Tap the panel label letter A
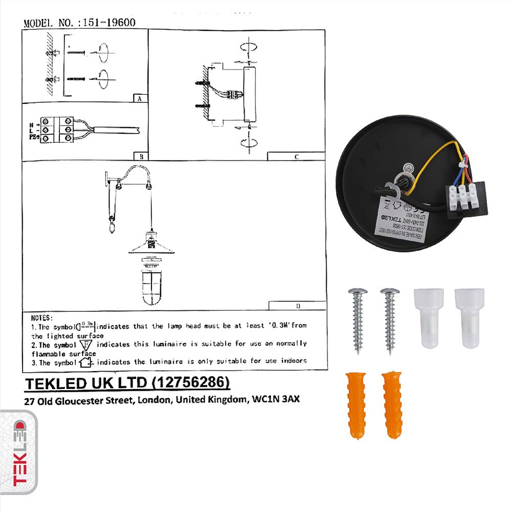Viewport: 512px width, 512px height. coord(139,98)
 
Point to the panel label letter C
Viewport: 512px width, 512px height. coord(296,157)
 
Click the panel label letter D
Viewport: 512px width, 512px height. coord(297,306)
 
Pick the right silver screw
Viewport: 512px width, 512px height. coord(390,320)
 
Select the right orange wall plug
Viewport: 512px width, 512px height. coord(392,404)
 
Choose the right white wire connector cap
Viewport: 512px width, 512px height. coord(468,317)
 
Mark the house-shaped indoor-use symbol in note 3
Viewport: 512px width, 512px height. coord(88,361)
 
